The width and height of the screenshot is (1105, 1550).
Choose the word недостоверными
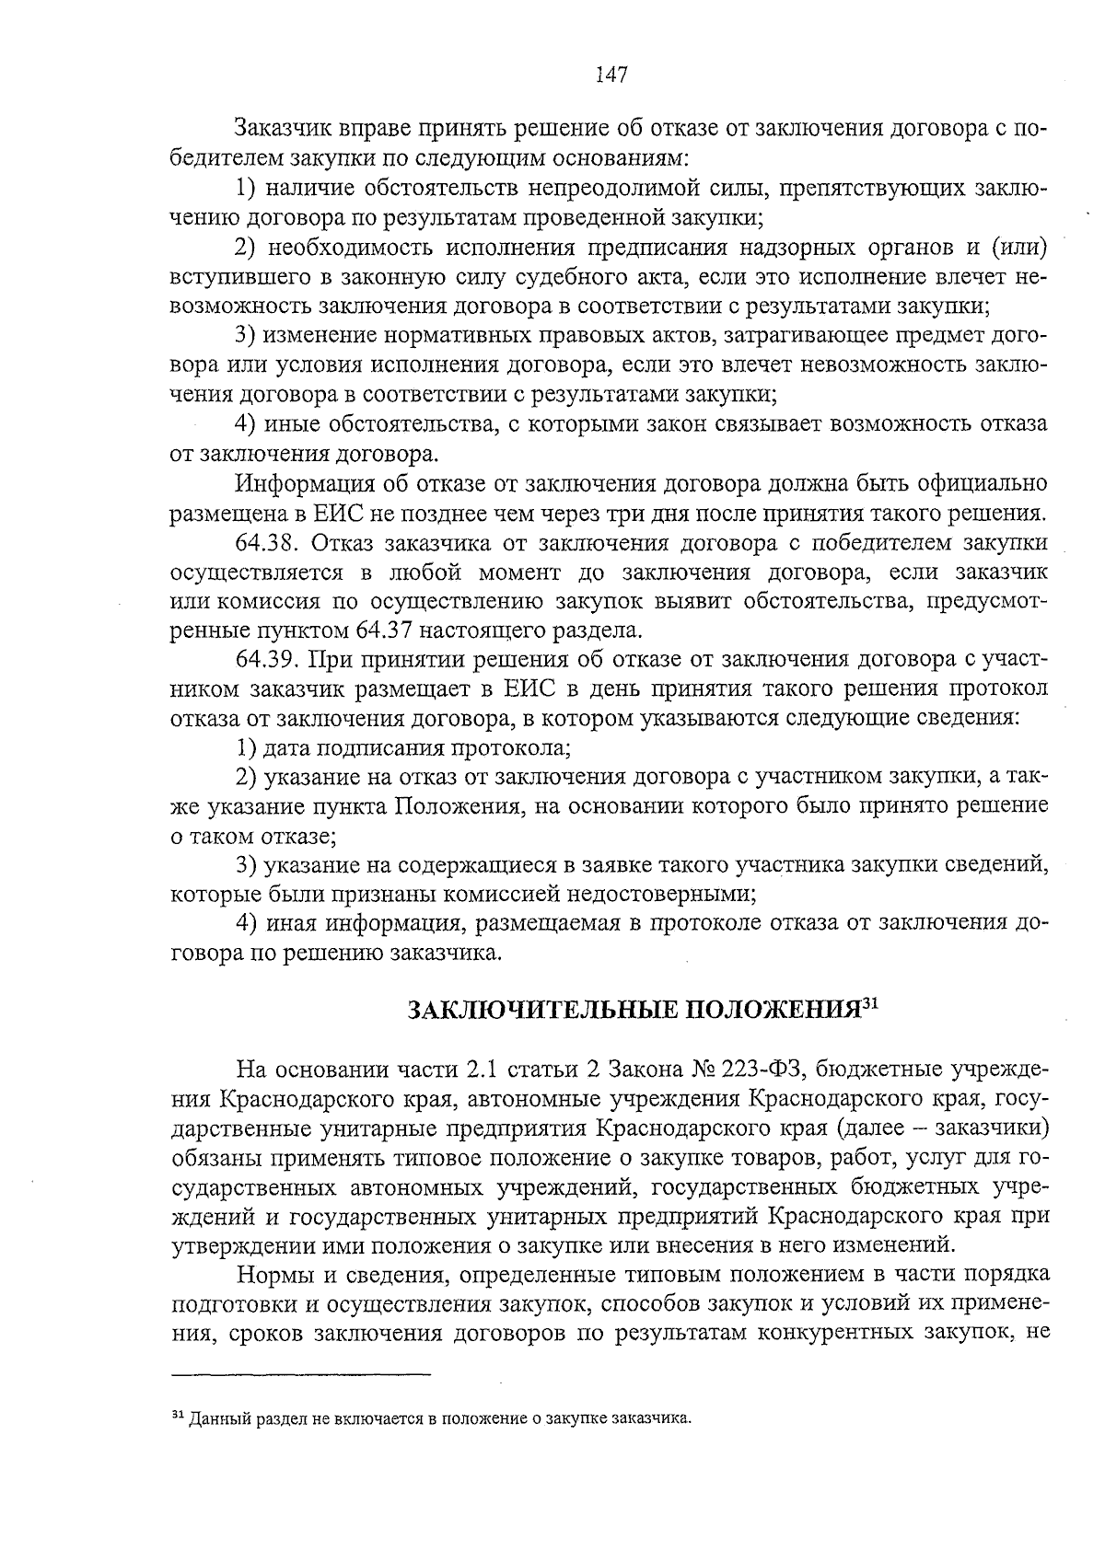click(x=661, y=895)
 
